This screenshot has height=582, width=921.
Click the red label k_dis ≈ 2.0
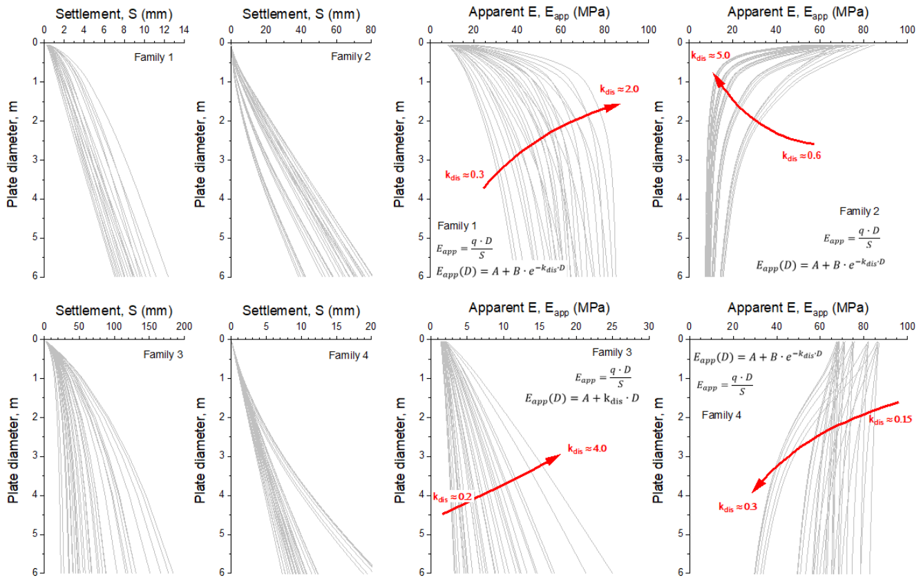point(619,89)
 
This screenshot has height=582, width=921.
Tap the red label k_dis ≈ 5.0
point(710,55)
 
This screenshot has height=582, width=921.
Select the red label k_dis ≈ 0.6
point(801,156)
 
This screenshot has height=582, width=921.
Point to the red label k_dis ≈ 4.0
point(587,449)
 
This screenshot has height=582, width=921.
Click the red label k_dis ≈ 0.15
point(890,420)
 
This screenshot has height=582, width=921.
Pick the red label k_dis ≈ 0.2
point(453,497)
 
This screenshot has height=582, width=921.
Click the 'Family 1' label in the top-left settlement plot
point(153,57)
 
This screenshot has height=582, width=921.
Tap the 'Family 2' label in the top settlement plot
point(351,57)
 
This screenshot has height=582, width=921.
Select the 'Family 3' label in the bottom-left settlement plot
point(163,355)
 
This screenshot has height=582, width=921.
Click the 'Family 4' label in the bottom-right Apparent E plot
point(721,415)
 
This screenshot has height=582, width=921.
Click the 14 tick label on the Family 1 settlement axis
point(184,30)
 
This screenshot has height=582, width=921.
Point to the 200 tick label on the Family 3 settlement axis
point(184,326)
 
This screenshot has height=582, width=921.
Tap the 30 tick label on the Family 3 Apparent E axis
point(649,326)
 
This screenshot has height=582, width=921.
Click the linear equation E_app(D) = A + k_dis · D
point(582,398)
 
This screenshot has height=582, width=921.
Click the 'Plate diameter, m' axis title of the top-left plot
point(12,155)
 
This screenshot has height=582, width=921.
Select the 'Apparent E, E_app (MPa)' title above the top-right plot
point(798,12)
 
